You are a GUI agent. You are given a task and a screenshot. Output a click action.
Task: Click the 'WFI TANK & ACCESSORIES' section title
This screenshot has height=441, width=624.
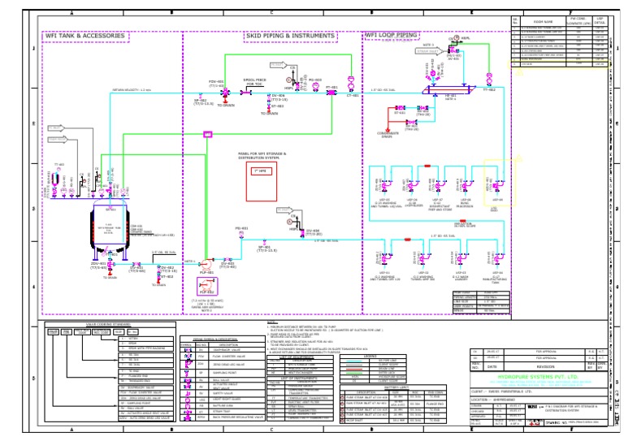click(x=85, y=37)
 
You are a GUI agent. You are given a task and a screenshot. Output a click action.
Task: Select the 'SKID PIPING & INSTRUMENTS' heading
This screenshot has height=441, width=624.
click(x=289, y=37)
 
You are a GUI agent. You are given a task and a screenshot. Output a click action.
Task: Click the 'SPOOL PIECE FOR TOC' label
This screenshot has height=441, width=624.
click(x=254, y=83)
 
